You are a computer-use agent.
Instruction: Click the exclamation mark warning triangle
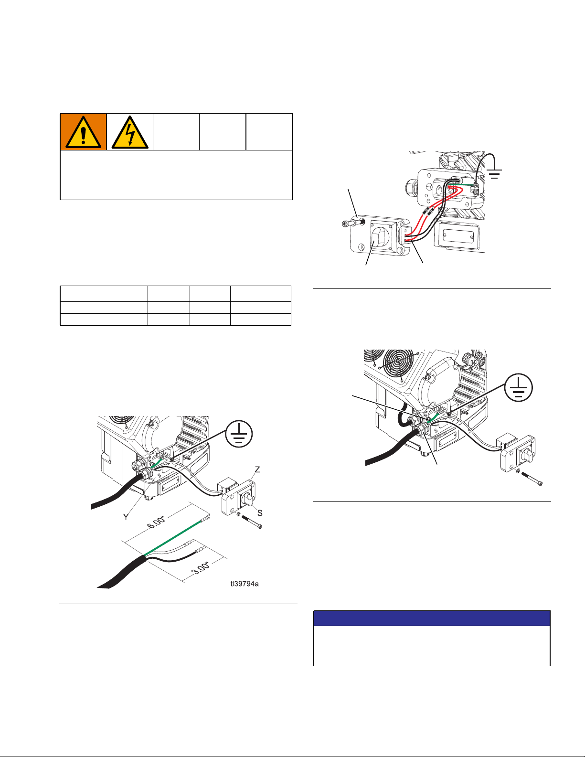pyautogui.click(x=83, y=132)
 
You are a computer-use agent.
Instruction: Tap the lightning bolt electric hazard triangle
pyautogui.click(x=130, y=132)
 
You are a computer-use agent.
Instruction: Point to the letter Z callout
pyautogui.click(x=257, y=469)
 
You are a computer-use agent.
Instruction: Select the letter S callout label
pyautogui.click(x=260, y=513)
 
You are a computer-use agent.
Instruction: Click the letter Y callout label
pyautogui.click(x=126, y=517)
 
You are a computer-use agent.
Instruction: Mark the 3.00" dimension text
pyautogui.click(x=201, y=568)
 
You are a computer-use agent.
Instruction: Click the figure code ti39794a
pyautogui.click(x=245, y=584)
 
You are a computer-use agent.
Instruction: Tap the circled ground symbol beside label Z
pyautogui.click(x=239, y=434)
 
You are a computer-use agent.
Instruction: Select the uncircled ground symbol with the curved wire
pyautogui.click(x=494, y=173)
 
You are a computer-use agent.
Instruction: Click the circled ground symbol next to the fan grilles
pyautogui.click(x=519, y=387)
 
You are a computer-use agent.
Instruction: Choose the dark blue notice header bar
pyautogui.click(x=432, y=618)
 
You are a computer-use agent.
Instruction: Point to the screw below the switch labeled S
pyautogui.click(x=252, y=522)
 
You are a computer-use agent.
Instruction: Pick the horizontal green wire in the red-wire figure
pyautogui.click(x=461, y=184)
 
